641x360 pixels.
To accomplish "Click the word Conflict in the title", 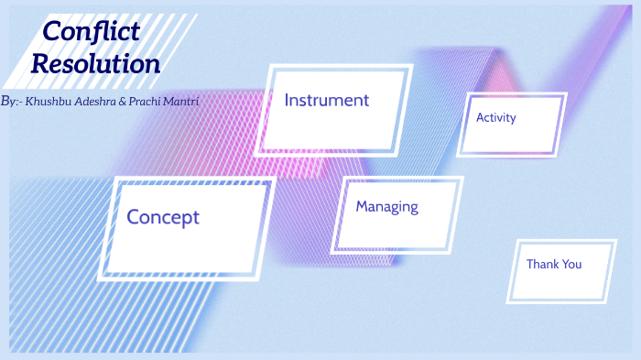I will pos(92,31).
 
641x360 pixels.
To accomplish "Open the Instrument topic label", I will pos(326,100).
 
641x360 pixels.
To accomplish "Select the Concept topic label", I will pos(162,217).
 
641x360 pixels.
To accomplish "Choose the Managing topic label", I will pos(386,206).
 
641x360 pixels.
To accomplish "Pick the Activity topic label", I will pos(495,117).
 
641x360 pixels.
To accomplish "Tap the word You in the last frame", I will pos(571,264).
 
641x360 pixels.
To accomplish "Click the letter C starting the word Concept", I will pos(133,217).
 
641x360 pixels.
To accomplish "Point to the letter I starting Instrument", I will pos(287,100).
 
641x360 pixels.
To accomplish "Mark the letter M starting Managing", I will pos(362,206).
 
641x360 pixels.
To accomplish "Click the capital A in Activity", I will pos(480,117).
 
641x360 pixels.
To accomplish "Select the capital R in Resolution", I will pos(41,64).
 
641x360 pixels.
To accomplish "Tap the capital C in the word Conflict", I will pos(53,31).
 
